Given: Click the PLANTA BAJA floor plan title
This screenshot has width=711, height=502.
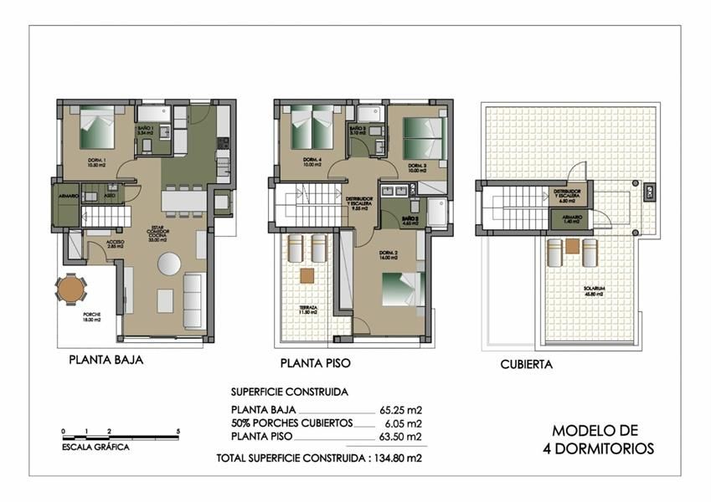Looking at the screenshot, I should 106,361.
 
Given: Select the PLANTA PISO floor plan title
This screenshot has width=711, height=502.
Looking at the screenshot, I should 315,364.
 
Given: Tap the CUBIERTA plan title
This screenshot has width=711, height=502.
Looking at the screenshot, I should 526,365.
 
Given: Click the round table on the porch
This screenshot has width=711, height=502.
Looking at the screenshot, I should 70,289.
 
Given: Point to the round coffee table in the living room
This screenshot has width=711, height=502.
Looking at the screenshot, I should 167,264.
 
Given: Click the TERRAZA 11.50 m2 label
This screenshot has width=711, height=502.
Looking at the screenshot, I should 308,310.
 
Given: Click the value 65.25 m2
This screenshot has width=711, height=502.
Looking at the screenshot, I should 399,410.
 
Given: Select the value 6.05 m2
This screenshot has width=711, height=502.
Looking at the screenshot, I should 402,423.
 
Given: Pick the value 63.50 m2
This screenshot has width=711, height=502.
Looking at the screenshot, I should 399,437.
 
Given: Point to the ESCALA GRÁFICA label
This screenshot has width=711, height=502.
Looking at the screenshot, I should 95,448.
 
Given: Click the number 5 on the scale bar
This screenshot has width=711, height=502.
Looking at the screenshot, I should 178,431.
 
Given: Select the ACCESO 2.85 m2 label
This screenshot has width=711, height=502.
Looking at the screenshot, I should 116,244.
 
